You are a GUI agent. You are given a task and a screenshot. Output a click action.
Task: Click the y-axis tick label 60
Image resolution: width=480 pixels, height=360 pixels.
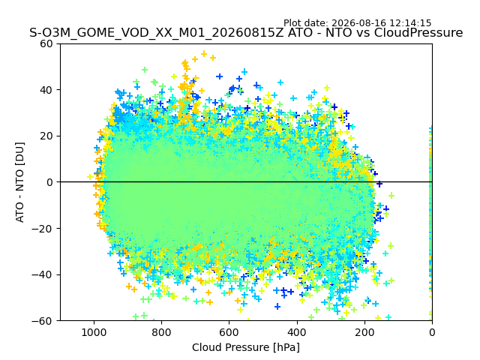click(x=46, y=44)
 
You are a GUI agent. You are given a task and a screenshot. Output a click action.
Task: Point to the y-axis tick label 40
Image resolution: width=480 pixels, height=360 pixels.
click(x=46, y=90)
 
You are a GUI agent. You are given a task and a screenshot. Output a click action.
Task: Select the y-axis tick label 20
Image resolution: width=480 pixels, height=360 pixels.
click(x=46, y=136)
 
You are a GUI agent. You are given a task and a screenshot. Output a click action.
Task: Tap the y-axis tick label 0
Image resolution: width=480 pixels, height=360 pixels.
click(x=49, y=182)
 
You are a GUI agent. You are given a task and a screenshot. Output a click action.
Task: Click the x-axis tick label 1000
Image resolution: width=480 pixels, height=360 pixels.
click(x=94, y=332)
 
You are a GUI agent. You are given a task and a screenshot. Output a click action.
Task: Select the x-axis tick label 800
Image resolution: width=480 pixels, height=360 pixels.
click(x=162, y=332)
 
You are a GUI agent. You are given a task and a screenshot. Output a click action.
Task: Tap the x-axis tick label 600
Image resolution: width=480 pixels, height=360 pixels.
click(x=229, y=332)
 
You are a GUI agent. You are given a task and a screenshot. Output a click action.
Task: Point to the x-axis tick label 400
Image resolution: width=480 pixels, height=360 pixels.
click(x=297, y=332)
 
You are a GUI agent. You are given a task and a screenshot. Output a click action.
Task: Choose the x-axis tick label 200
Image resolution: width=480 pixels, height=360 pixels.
click(x=364, y=332)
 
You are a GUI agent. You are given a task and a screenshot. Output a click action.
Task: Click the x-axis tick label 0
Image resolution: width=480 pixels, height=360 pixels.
click(x=432, y=332)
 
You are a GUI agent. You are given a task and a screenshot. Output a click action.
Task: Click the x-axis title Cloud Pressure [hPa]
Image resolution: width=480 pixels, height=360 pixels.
click(x=246, y=347)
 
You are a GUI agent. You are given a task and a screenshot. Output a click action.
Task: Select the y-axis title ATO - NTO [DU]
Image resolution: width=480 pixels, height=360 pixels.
click(x=20, y=182)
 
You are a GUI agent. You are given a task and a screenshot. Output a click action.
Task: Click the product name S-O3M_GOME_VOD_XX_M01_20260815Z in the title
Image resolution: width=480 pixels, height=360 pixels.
click(x=157, y=33)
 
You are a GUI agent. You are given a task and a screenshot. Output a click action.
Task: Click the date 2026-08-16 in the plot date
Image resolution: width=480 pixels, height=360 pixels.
click(x=359, y=23)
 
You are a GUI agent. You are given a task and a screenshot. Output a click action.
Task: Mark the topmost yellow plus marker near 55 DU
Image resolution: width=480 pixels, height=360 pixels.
click(x=204, y=54)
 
